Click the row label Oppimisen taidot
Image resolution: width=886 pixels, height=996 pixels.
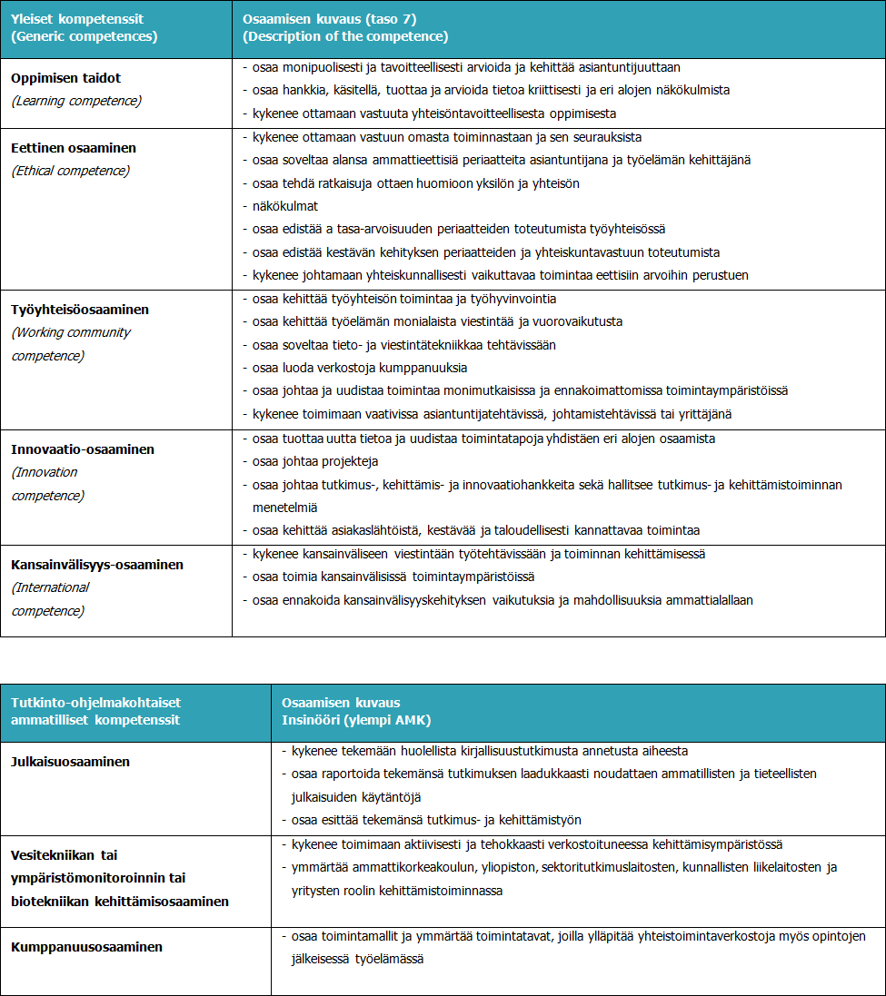point(65,78)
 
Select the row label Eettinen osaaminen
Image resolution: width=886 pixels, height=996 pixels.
point(74,147)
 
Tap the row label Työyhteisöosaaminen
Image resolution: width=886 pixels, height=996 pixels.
point(80,309)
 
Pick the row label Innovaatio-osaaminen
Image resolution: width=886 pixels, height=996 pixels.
point(83,449)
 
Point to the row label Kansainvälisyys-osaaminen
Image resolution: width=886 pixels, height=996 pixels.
point(97,565)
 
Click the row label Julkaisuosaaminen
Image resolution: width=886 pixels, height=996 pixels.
point(70,762)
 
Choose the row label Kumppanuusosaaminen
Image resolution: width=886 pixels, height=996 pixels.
point(86,947)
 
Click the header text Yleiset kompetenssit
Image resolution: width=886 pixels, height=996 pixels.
point(77,18)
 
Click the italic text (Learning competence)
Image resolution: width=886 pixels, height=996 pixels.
point(76,101)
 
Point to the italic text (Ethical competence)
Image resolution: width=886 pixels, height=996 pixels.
point(70,170)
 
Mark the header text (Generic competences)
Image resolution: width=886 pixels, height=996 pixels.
point(84,36)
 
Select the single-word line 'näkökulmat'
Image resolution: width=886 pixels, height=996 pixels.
point(285,206)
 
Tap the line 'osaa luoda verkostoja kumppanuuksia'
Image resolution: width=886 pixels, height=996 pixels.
point(360,368)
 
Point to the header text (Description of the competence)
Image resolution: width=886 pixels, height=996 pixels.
point(345,36)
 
